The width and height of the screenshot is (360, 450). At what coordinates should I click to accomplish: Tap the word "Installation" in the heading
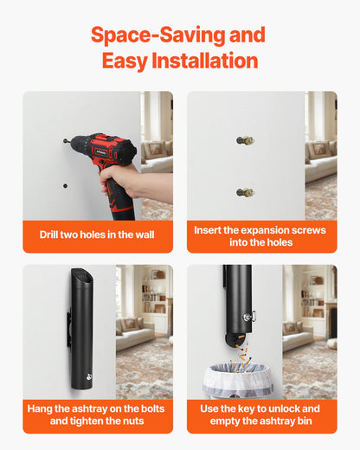click(x=205, y=61)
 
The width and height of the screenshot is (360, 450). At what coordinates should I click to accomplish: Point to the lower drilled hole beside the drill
click(x=66, y=186)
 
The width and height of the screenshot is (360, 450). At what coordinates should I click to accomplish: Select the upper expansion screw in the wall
click(x=245, y=141)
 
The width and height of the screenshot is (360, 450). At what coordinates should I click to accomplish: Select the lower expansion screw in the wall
click(x=245, y=192)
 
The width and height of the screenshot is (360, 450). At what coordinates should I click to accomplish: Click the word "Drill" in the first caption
click(x=48, y=235)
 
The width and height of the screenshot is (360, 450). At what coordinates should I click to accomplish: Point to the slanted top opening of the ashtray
click(x=83, y=276)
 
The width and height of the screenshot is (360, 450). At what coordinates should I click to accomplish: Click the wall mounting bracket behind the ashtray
click(x=69, y=329)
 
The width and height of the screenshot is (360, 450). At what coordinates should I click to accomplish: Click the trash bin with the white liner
click(x=238, y=380)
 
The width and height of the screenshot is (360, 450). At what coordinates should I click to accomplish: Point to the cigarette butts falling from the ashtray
click(x=241, y=354)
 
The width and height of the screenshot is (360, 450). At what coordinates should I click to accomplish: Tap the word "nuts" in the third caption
click(x=133, y=421)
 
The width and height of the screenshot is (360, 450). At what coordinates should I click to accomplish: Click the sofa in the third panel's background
click(x=134, y=334)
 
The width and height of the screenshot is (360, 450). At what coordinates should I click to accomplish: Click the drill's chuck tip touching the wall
click(x=65, y=141)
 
